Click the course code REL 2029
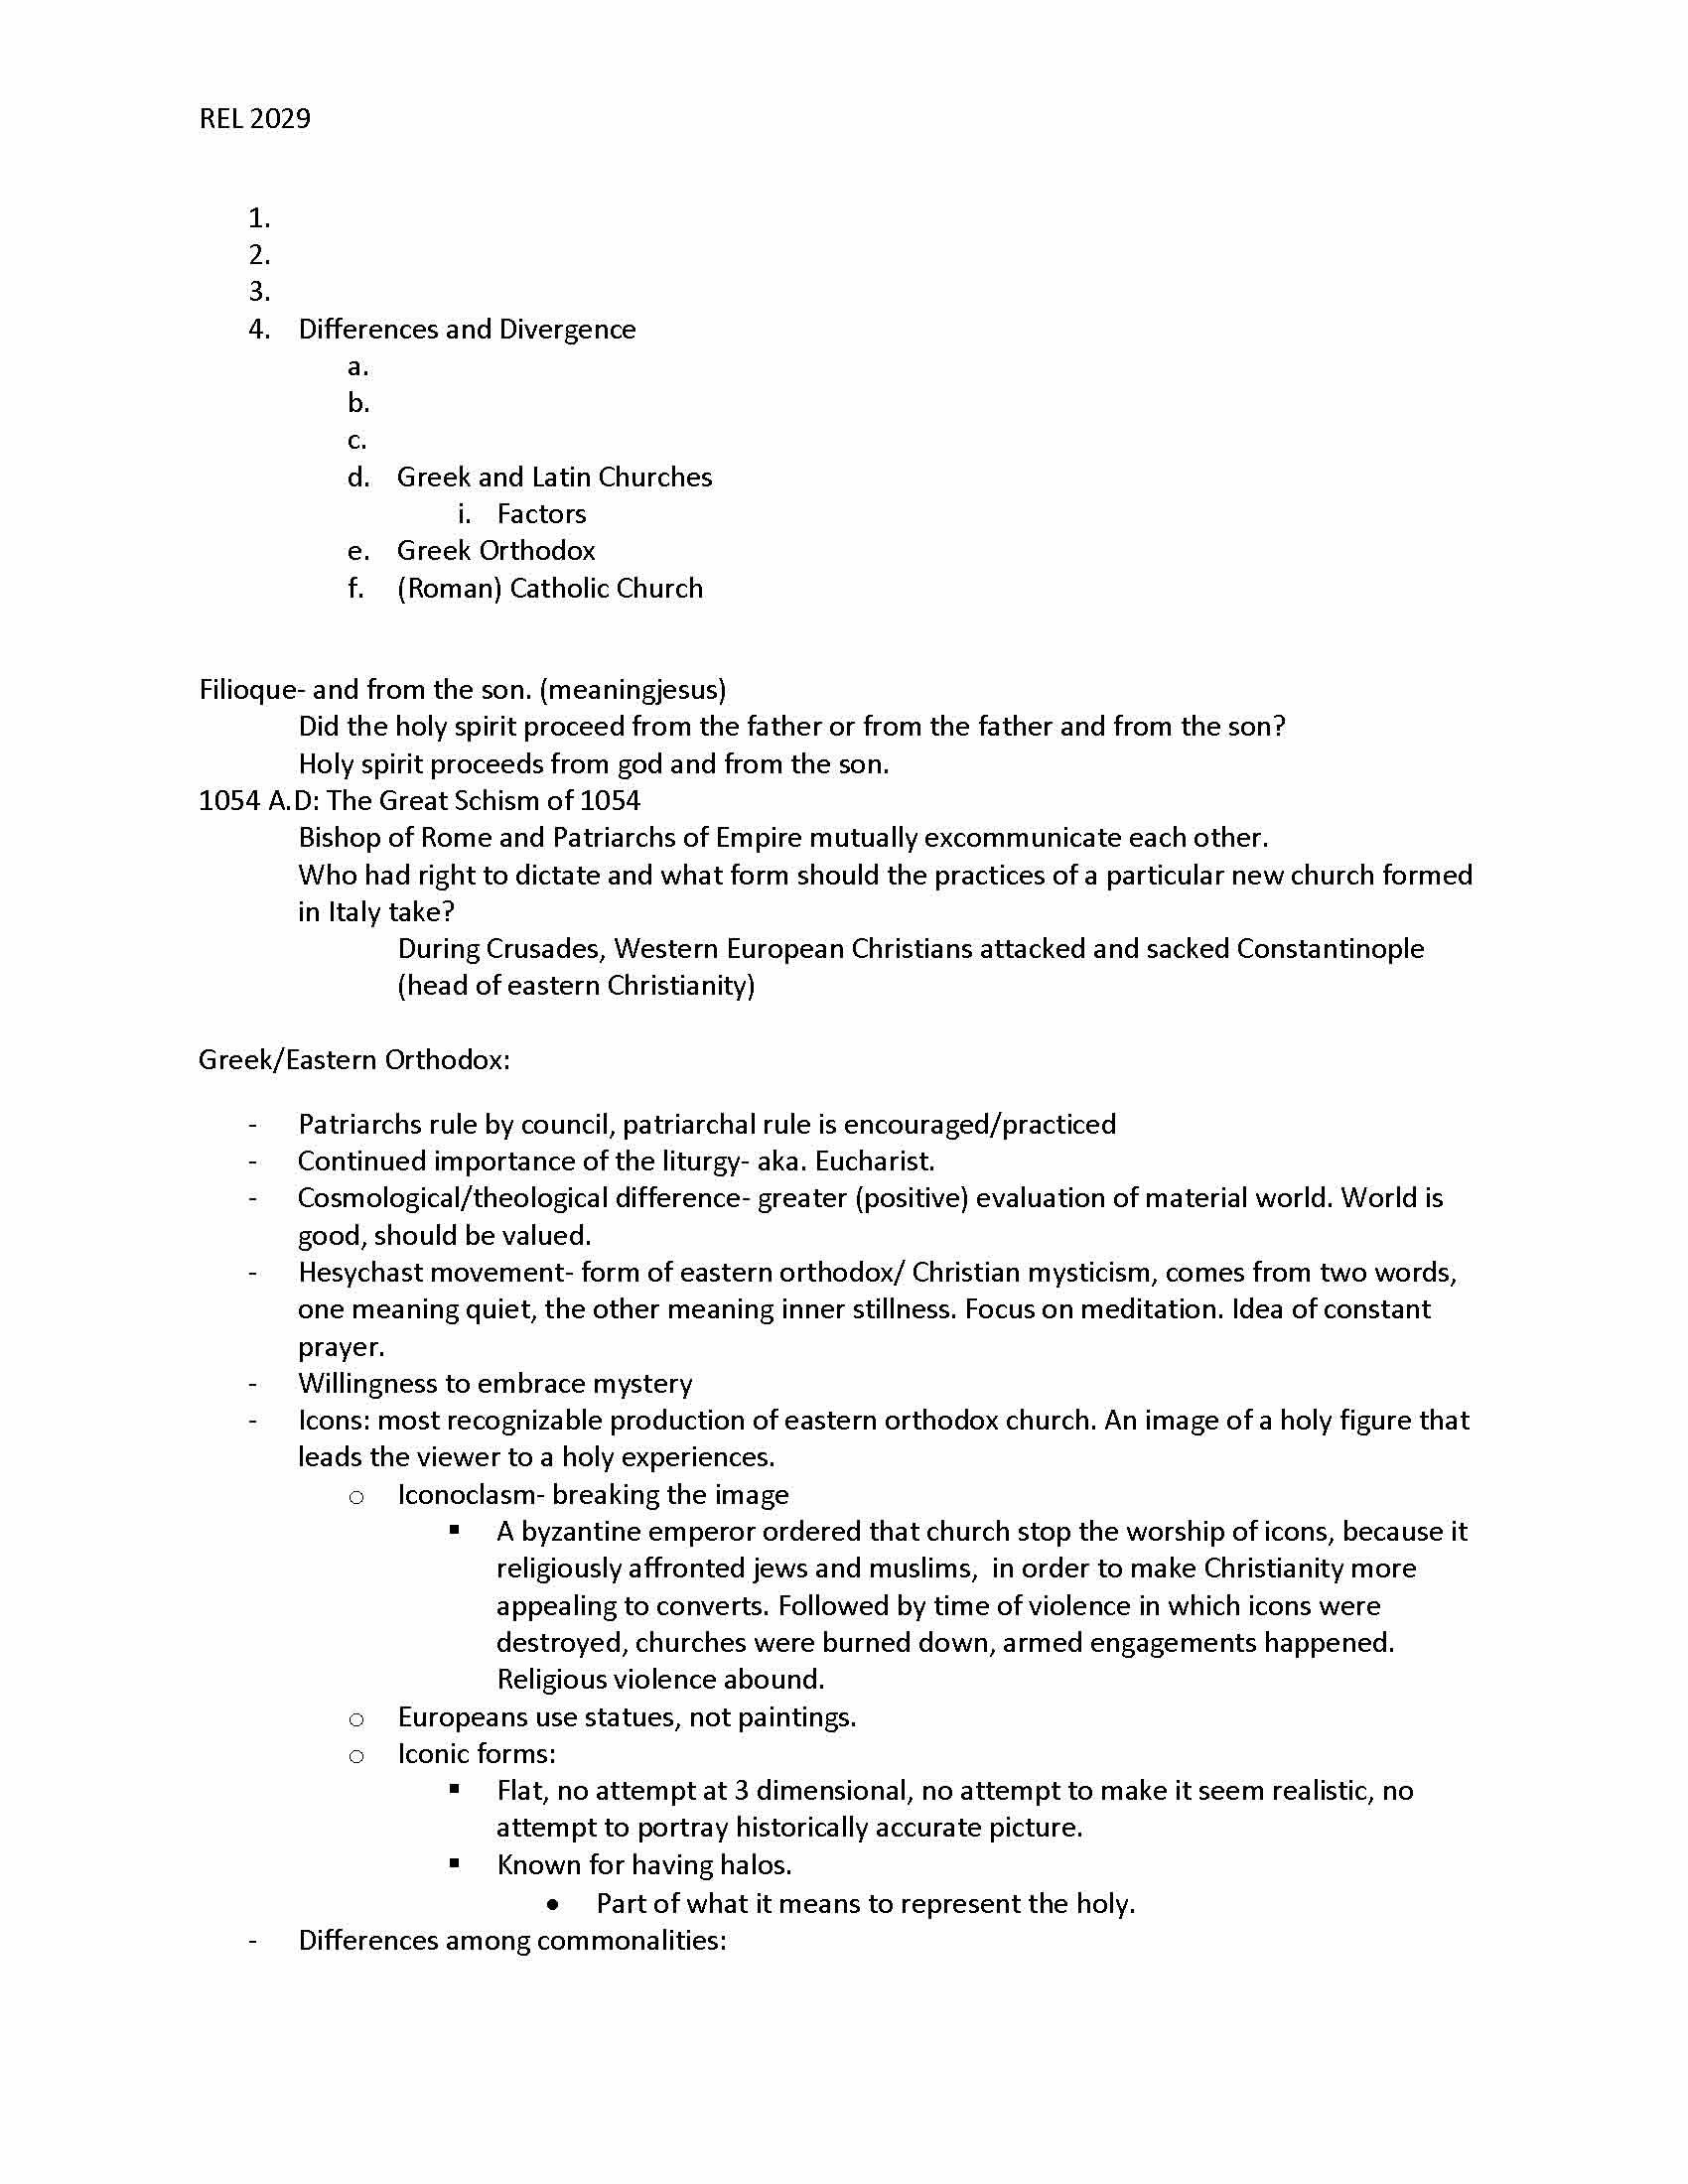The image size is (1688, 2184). tap(255, 119)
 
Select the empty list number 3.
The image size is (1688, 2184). tap(259, 292)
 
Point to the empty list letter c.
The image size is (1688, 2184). tap(357, 440)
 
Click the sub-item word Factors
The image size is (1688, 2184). tap(541, 514)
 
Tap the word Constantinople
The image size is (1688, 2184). tap(1330, 949)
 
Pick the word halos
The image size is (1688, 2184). tap(757, 1865)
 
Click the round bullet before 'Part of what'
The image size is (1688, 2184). tap(554, 1904)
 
